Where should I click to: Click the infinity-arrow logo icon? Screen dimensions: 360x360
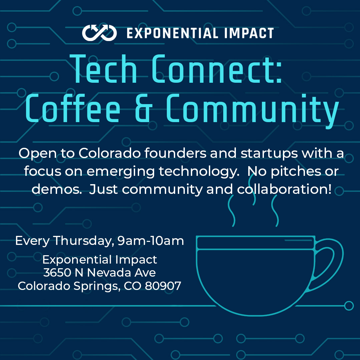(99, 33)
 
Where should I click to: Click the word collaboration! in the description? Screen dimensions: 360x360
(284, 190)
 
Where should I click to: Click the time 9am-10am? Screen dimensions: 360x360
(150, 241)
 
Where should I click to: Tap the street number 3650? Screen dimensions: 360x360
(57, 273)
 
